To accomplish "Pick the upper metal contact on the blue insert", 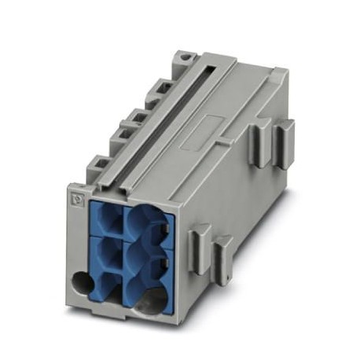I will [167, 229].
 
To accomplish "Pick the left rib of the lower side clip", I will [199, 240].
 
